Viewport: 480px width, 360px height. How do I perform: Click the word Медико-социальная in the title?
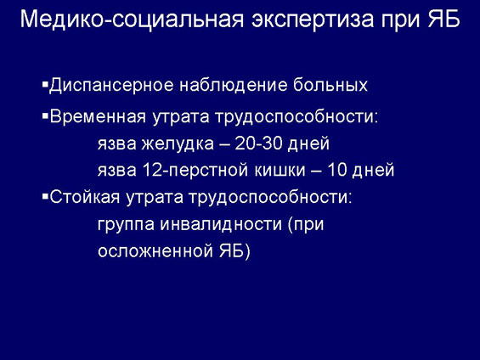click(x=132, y=20)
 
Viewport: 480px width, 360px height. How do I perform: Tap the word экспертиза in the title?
click(x=313, y=20)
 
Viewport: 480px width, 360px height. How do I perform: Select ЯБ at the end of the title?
click(x=443, y=20)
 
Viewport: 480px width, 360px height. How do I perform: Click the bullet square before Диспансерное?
click(x=45, y=83)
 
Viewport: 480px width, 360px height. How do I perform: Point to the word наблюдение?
click(x=234, y=85)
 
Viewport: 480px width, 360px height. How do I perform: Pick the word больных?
click(x=330, y=85)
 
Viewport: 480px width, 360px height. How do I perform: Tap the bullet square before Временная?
click(x=45, y=116)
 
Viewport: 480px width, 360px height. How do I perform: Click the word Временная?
click(x=98, y=117)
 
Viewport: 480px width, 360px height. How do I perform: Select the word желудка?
click(x=178, y=144)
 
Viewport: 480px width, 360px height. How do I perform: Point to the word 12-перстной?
click(x=195, y=171)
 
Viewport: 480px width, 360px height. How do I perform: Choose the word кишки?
click(x=280, y=171)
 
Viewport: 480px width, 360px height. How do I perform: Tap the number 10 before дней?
click(x=336, y=170)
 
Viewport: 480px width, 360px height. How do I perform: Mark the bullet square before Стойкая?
click(x=45, y=197)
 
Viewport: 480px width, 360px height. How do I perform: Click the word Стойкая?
click(x=85, y=197)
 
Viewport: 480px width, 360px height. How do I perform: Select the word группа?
click(x=126, y=225)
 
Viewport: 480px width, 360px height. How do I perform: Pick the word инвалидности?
click(x=221, y=224)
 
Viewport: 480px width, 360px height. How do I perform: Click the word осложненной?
click(x=155, y=251)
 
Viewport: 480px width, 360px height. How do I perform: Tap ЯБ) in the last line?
click(x=234, y=250)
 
